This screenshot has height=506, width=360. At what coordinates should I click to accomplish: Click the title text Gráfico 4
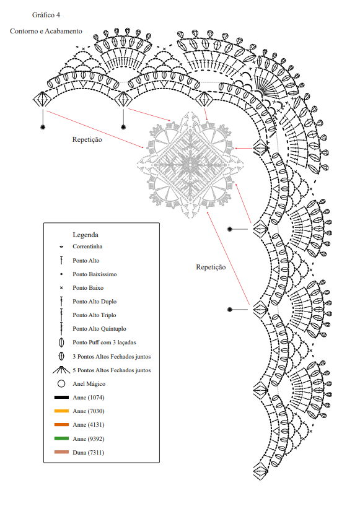tap(46, 15)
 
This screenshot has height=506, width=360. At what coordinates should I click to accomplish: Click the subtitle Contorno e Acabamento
tap(46, 32)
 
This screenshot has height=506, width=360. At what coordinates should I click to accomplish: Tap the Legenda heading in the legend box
tap(86, 235)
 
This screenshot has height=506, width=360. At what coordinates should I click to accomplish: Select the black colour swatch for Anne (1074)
tap(61, 397)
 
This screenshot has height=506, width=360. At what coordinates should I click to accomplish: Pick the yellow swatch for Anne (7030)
tap(61, 411)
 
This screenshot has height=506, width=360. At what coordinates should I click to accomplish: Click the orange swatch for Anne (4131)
tap(61, 425)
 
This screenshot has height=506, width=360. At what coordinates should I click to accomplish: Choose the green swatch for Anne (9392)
tap(61, 438)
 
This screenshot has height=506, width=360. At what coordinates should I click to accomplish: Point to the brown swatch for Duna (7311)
tap(61, 452)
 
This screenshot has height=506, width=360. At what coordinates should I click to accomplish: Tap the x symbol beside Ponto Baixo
tap(61, 288)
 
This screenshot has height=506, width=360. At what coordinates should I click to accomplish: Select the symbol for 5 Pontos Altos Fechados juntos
tap(61, 370)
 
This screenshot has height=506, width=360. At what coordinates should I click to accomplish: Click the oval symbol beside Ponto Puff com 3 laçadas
tap(61, 342)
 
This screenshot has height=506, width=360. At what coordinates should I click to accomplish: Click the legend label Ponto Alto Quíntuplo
tap(99, 329)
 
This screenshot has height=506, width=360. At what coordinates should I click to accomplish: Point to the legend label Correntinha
tap(87, 246)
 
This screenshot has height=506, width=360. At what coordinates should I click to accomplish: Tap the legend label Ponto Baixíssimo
tap(95, 274)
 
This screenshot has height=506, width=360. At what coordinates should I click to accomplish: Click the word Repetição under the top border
tap(87, 140)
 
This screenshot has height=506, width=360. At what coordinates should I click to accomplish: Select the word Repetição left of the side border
tap(211, 267)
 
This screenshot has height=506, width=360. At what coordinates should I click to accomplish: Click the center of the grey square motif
tap(190, 165)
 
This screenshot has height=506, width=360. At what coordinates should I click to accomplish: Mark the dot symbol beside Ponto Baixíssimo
tap(61, 274)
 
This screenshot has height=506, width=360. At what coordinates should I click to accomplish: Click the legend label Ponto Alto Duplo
tap(95, 302)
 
